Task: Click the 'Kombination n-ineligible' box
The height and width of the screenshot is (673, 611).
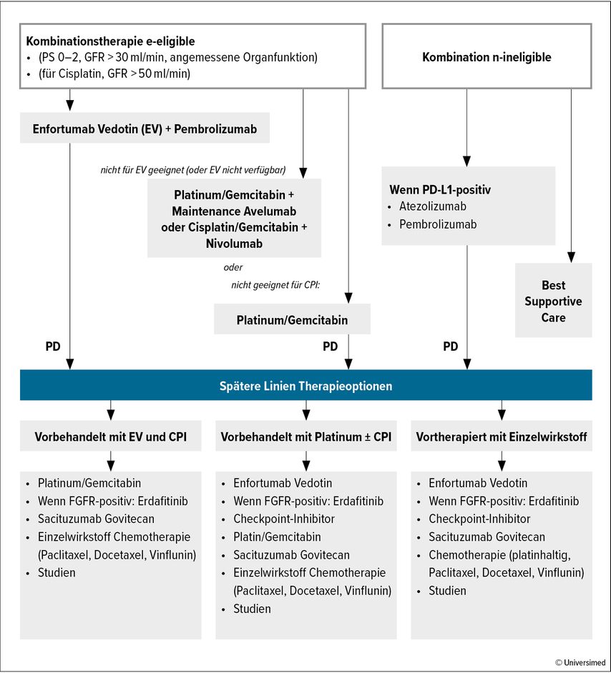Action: pyautogui.click(x=487, y=56)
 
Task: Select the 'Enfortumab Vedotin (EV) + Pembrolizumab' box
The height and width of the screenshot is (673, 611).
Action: pyautogui.click(x=145, y=128)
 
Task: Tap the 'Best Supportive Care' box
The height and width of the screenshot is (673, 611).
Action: pyautogui.click(x=554, y=301)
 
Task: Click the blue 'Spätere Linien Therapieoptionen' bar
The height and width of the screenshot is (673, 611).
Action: pyautogui.click(x=306, y=385)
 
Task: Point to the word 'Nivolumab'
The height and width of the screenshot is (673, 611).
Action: pyautogui.click(x=234, y=244)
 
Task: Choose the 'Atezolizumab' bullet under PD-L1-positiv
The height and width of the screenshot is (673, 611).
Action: pyautogui.click(x=433, y=206)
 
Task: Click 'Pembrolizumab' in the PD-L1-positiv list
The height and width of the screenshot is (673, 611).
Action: pyautogui.click(x=438, y=224)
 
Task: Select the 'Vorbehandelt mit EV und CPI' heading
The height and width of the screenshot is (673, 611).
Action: pyautogui.click(x=111, y=436)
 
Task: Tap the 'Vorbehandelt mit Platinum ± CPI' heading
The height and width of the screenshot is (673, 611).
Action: pyautogui.click(x=306, y=436)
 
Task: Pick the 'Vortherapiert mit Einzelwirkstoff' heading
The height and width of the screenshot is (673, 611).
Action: pyautogui.click(x=502, y=436)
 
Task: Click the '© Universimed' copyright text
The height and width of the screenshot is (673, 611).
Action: pyautogui.click(x=580, y=662)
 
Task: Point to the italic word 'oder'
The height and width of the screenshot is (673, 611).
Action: pyautogui.click(x=233, y=267)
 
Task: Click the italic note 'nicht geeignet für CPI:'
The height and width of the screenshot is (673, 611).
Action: pyautogui.click(x=275, y=285)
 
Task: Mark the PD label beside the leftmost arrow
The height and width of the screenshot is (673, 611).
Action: pyautogui.click(x=53, y=347)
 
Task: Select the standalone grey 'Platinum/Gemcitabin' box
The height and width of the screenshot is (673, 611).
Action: pyautogui.click(x=292, y=319)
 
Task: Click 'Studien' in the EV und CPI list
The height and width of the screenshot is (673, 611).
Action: pyautogui.click(x=57, y=572)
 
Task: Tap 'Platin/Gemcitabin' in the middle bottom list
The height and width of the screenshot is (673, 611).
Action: pyautogui.click(x=277, y=537)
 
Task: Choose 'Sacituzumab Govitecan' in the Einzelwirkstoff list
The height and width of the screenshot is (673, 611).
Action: pyautogui.click(x=487, y=537)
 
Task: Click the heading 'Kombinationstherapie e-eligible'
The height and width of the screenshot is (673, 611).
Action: pyautogui.click(x=110, y=41)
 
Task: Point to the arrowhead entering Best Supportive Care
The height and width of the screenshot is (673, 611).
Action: pyautogui.click(x=571, y=257)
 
